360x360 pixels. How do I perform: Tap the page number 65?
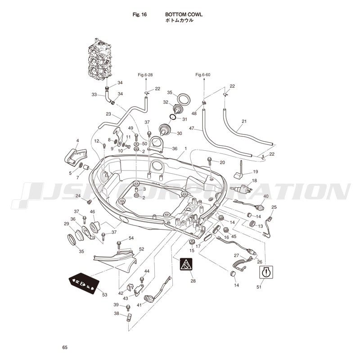pyautogui.click(x=65, y=347)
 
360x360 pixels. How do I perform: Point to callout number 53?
pyautogui.click(x=105, y=295)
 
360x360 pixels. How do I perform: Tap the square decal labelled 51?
pyautogui.click(x=265, y=272)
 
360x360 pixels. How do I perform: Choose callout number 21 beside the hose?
pyautogui.click(x=244, y=121)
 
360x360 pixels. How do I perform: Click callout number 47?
pyautogui.click(x=191, y=128)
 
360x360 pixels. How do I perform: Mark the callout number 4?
pyautogui.click(x=77, y=141)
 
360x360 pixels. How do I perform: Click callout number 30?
pyautogui.click(x=179, y=133)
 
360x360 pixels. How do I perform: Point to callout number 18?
pyautogui.click(x=255, y=180)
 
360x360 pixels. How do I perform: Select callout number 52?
pyautogui.click(x=141, y=249)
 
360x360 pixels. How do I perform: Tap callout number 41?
pyautogui.click(x=139, y=305)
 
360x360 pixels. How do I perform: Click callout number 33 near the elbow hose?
pyautogui.click(x=94, y=94)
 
